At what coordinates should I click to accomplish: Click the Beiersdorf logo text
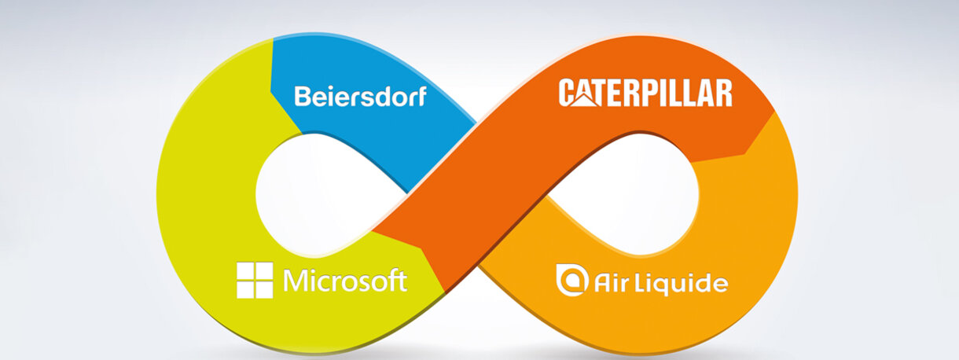(360, 97)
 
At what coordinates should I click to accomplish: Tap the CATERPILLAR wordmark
(645, 94)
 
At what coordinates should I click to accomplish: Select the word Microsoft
(345, 281)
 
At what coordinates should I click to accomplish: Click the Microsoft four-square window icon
(255, 281)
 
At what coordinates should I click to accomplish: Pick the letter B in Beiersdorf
(302, 97)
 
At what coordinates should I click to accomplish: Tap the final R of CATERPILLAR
(722, 94)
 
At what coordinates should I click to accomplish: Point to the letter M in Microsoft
(296, 281)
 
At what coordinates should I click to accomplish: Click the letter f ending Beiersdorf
(421, 96)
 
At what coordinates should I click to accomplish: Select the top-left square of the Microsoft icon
(245, 271)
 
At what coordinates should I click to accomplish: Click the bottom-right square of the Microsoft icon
(264, 290)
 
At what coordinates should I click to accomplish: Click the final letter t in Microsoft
(402, 281)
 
